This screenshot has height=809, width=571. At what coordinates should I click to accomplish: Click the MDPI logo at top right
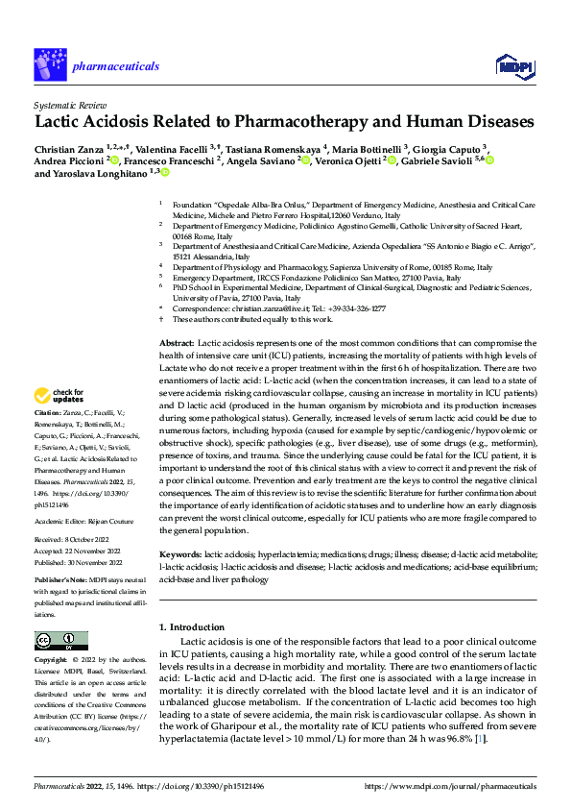(x=513, y=64)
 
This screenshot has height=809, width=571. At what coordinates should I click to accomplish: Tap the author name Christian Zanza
(x=73, y=149)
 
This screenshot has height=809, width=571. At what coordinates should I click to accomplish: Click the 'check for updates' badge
(x=59, y=395)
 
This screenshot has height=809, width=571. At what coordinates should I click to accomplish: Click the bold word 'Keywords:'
(x=179, y=554)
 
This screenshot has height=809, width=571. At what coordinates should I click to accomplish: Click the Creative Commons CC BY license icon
(x=60, y=641)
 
